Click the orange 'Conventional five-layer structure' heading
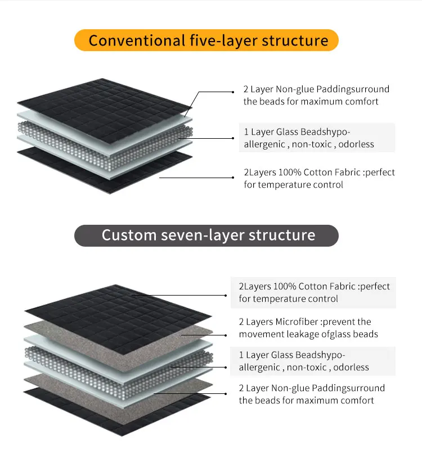(206, 40)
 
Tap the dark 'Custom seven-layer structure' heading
(206, 235)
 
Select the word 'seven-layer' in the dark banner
(199, 235)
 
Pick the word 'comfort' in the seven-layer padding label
(355, 401)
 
